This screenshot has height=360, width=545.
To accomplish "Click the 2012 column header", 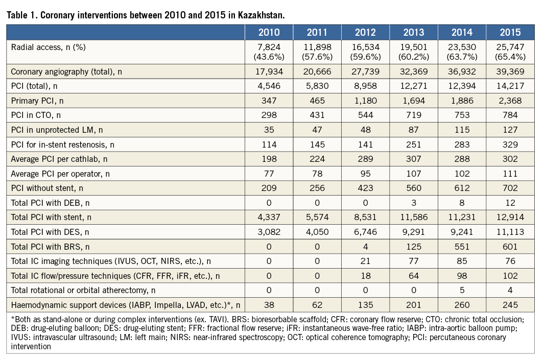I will click(x=365, y=33).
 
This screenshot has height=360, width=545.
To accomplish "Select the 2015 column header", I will click(x=510, y=33).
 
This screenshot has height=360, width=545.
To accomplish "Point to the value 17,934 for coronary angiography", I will click(x=269, y=72).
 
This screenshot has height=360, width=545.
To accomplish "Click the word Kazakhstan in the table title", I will click(x=260, y=15).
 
